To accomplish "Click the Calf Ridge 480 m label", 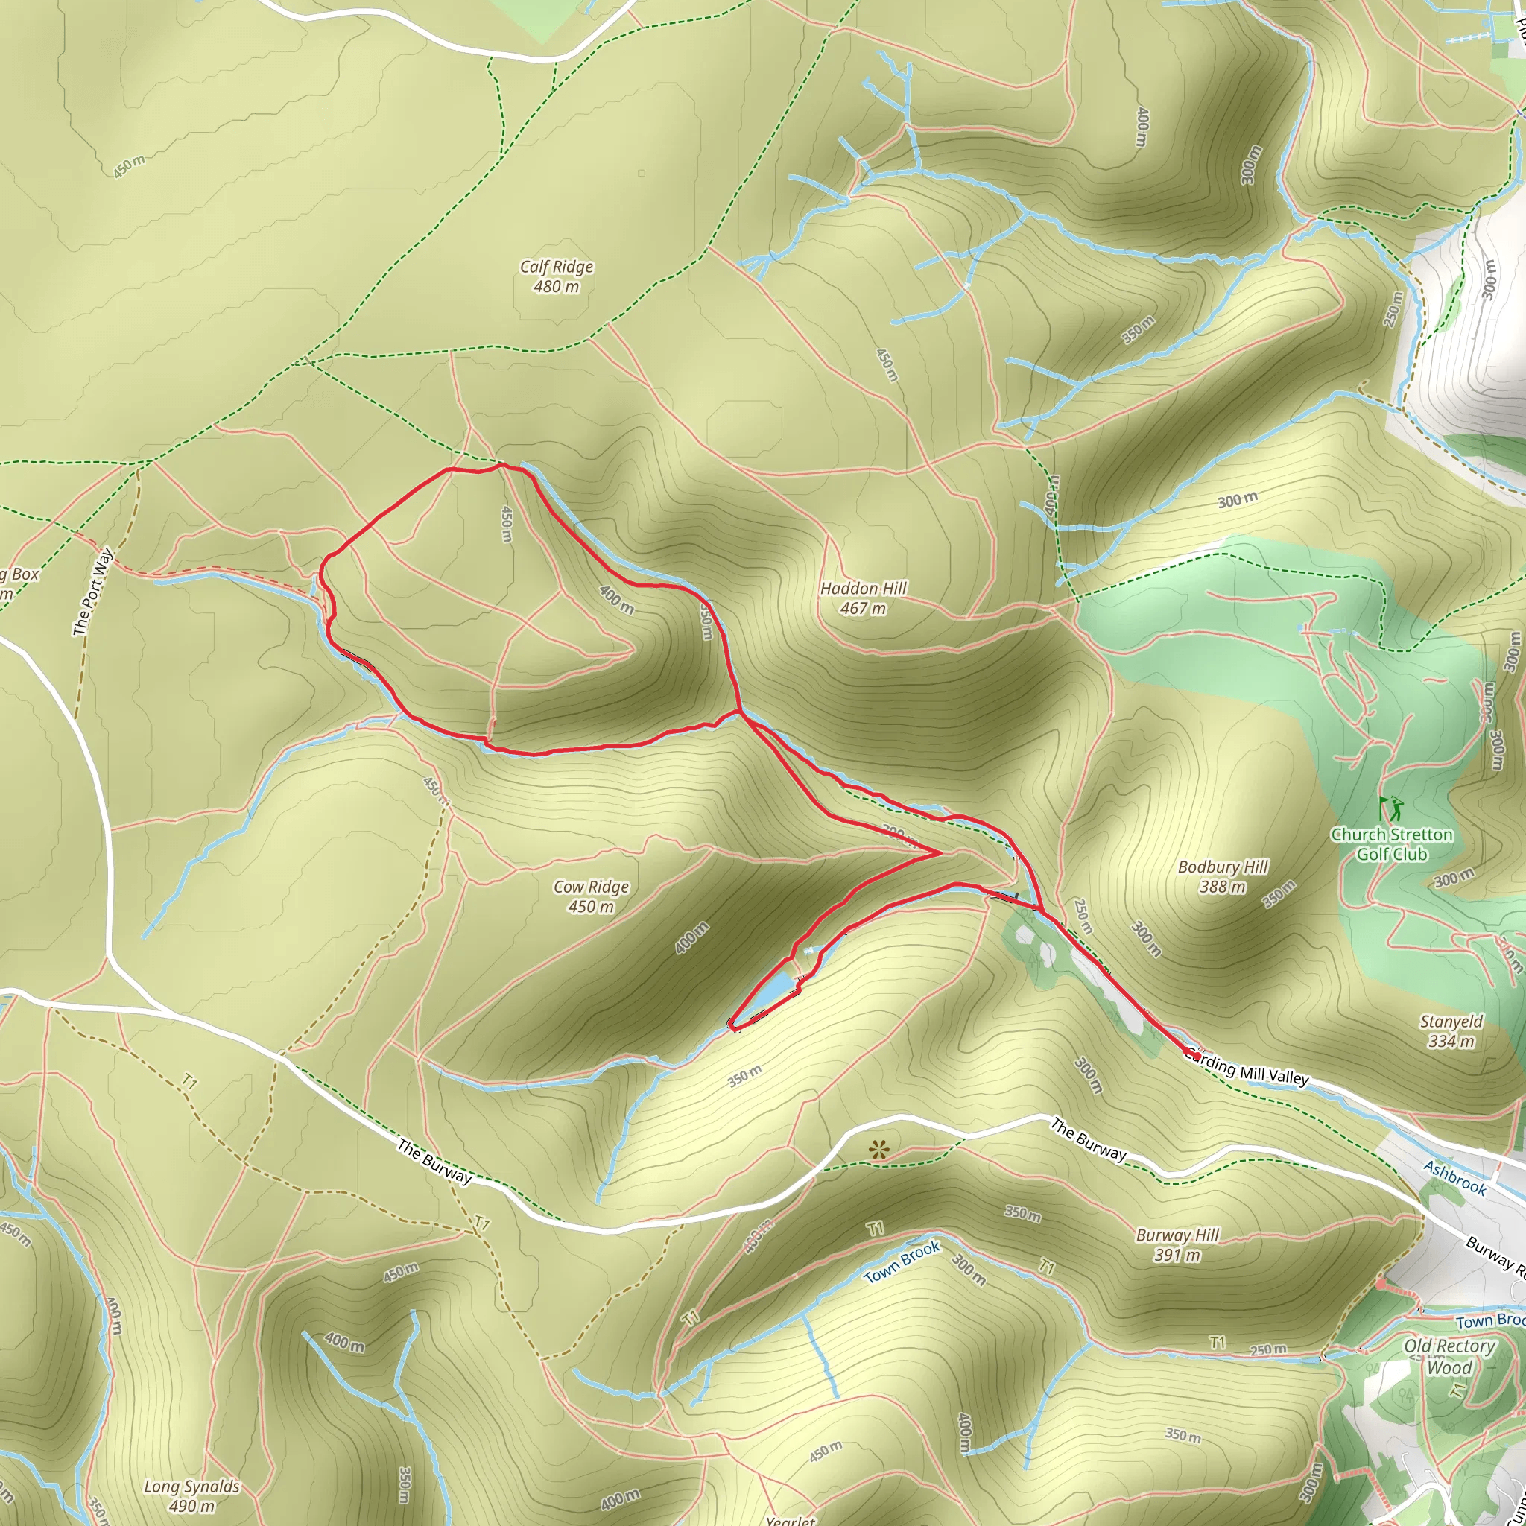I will (x=556, y=276).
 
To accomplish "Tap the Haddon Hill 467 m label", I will (x=864, y=598).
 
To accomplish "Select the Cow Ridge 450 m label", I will (x=591, y=896).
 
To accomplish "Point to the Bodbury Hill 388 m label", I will (x=1223, y=877).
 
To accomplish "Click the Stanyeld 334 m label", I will (x=1451, y=1030).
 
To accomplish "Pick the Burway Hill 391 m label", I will (x=1177, y=1245).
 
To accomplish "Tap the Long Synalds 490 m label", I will (x=191, y=1496).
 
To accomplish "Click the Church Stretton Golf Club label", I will (x=1392, y=843).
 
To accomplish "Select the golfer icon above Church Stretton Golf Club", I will (x=1391, y=808).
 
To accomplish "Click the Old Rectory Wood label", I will (x=1449, y=1356).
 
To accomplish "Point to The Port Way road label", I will (x=92, y=592).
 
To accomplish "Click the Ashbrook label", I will (x=1455, y=1178).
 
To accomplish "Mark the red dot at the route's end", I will (x=1197, y=1056).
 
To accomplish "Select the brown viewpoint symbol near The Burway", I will (x=878, y=1149).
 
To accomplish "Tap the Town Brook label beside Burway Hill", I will (x=902, y=1262).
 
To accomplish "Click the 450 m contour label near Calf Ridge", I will (x=129, y=166).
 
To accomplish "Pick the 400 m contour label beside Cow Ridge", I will (x=692, y=937).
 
